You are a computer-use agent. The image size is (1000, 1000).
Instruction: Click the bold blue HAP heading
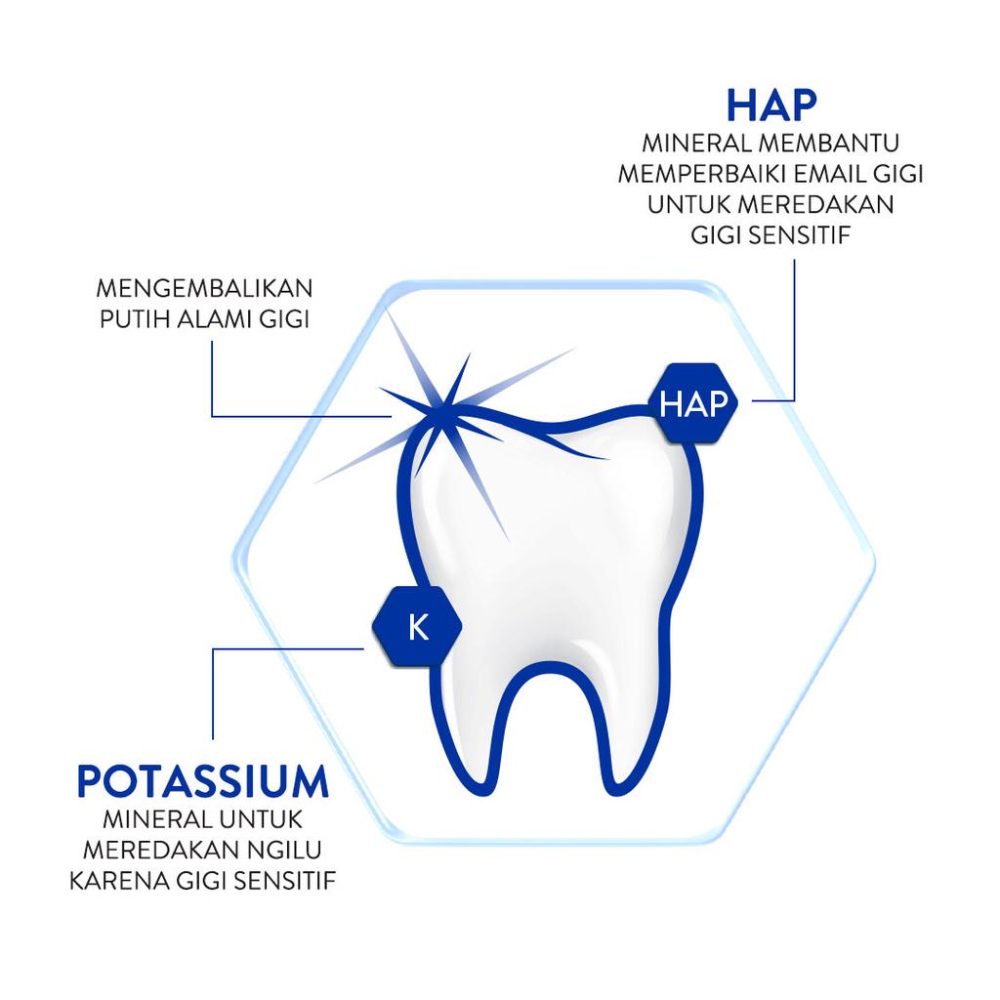771,105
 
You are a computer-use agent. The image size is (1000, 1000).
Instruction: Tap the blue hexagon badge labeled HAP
693,403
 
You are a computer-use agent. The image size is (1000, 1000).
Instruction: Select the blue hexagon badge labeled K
418,627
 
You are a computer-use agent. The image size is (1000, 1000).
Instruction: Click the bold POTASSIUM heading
203,781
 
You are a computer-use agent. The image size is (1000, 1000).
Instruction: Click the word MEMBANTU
829,143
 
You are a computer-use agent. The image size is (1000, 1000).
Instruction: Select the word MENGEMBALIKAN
205,288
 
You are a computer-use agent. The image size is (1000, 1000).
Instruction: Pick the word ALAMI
214,319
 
